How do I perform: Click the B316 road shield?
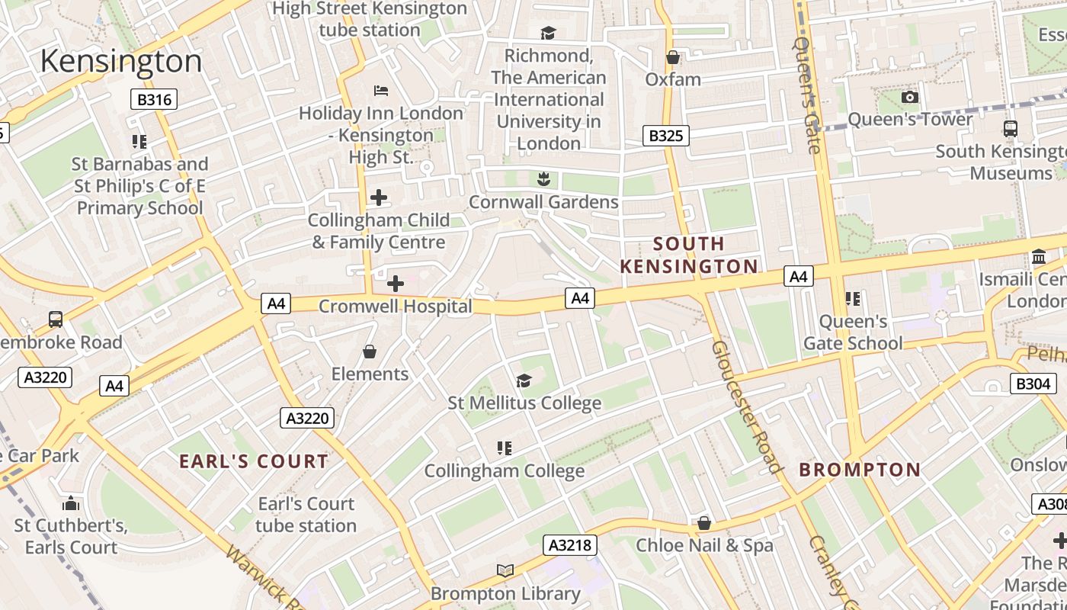[x=153, y=99]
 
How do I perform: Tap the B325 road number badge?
[x=665, y=136]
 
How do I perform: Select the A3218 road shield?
[x=569, y=544]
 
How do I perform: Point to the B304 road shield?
[x=1033, y=384]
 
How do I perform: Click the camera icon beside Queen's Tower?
[x=909, y=97]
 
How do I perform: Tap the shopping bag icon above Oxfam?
[x=672, y=57]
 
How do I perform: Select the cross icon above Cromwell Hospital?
[x=395, y=284]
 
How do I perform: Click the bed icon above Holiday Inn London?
[x=381, y=91]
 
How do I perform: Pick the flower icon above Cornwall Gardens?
[x=543, y=179]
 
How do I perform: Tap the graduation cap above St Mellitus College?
[x=524, y=380]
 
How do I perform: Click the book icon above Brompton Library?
[x=505, y=570]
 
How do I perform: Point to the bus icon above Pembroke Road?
[x=56, y=319]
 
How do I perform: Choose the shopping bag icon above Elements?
[x=370, y=352]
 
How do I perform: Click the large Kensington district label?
[x=121, y=61]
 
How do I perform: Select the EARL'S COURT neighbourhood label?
[x=254, y=461]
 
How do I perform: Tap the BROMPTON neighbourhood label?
[x=860, y=470]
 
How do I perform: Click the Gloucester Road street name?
[x=747, y=406]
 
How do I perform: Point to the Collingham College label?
[x=504, y=471]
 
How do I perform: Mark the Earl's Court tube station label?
[x=306, y=515]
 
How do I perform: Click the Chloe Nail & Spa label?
[x=704, y=545]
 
